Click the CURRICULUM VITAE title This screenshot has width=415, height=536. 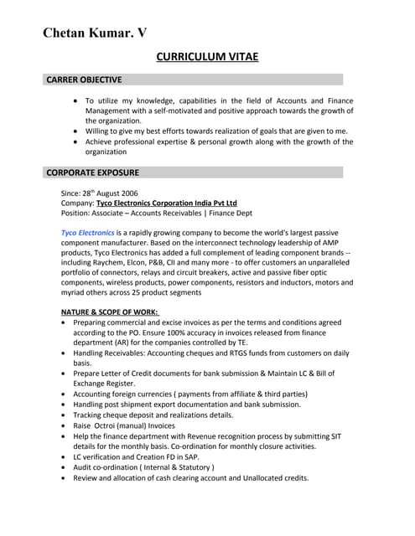coord(207,57)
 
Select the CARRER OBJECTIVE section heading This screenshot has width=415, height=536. coord(84,80)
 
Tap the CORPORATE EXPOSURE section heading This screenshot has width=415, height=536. coord(92,173)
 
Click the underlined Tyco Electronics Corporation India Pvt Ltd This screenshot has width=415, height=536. coord(166,203)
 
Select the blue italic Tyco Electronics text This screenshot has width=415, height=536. coord(88,231)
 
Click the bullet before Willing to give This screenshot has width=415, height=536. coord(76,131)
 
